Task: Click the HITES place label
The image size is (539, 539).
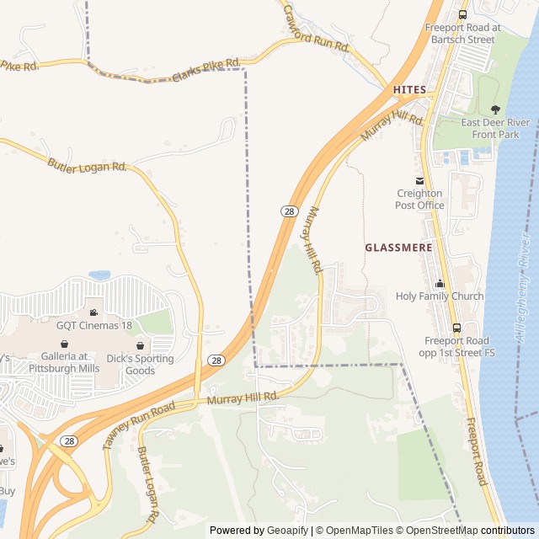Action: coord(409,89)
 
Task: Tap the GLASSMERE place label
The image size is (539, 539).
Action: coord(398,248)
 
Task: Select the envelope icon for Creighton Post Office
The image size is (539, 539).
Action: coord(419,181)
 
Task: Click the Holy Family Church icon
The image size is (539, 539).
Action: coord(440,284)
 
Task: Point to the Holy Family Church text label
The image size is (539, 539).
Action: coord(440,296)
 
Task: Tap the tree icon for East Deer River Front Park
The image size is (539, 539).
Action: coord(495,109)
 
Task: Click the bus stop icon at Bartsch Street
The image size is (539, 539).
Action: coord(462,14)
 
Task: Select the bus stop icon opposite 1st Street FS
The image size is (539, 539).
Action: coord(457,328)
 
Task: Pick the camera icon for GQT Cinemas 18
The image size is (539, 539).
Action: coord(93,312)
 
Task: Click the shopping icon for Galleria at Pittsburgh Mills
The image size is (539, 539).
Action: coord(65,344)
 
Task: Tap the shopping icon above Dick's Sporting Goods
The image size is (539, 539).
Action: coord(141,345)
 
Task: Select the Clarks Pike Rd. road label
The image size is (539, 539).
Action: coord(206,70)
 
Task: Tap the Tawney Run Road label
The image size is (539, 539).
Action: coord(139,425)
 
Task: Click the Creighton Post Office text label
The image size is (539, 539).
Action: coord(419,199)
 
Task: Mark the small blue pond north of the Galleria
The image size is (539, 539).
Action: coord(99,275)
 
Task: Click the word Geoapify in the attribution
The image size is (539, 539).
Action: coord(287,531)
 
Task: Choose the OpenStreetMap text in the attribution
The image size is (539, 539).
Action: coord(443,531)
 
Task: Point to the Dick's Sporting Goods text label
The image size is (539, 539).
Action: coord(141,364)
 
